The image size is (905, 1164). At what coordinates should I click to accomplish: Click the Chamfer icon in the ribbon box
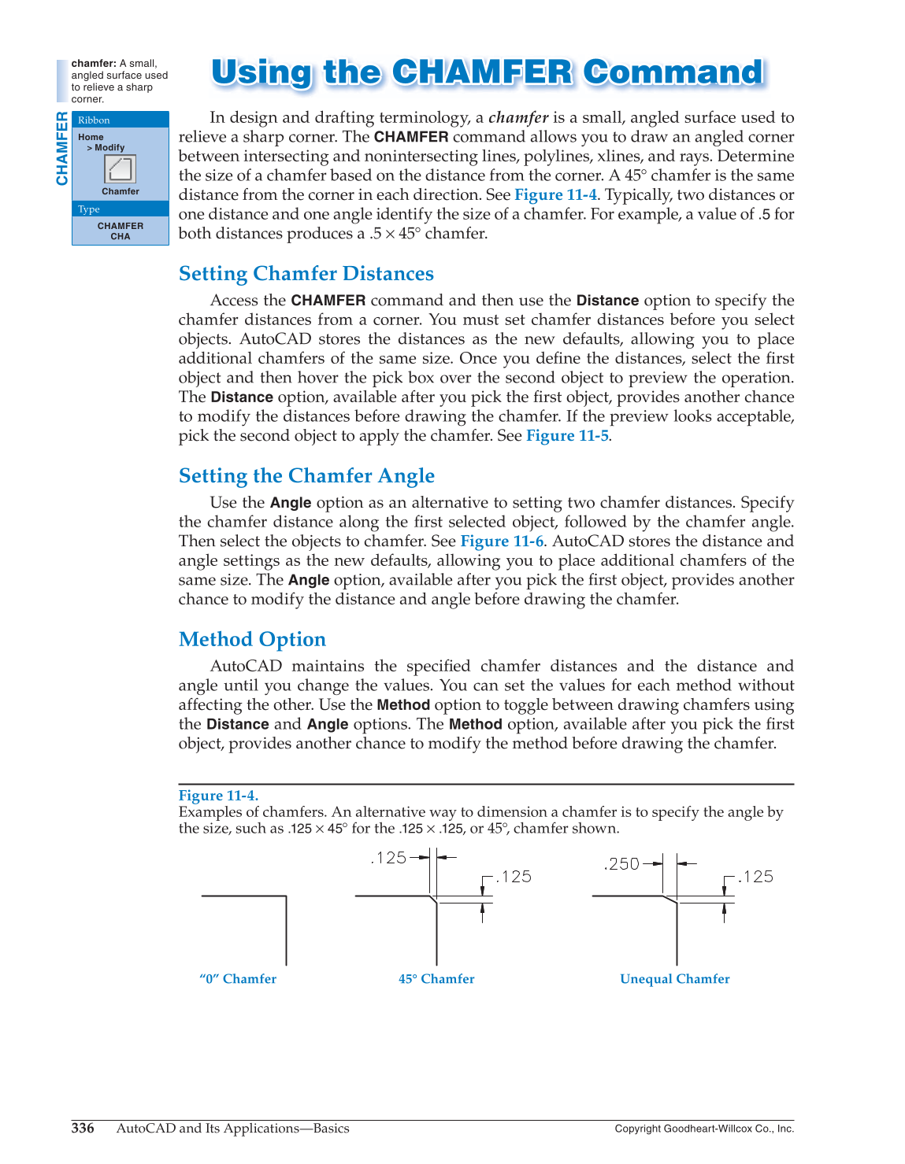tap(121, 168)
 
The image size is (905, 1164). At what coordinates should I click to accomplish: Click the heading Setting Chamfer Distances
tap(306, 274)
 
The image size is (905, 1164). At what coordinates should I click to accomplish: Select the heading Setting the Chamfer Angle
tap(306, 476)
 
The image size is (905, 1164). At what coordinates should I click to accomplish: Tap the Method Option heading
tap(252, 640)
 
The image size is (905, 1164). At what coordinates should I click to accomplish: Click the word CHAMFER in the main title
tap(482, 72)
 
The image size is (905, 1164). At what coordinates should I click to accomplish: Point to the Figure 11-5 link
tap(567, 436)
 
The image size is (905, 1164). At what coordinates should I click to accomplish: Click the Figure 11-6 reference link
tap(502, 541)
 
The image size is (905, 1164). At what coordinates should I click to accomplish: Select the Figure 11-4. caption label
tap(218, 796)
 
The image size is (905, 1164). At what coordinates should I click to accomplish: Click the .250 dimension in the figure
tap(622, 864)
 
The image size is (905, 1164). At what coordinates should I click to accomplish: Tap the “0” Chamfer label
tap(238, 979)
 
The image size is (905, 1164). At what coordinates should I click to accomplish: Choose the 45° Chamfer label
tap(436, 979)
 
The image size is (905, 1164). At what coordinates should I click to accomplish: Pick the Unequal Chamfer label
tap(675, 979)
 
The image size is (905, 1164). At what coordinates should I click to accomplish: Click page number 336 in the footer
tap(83, 1129)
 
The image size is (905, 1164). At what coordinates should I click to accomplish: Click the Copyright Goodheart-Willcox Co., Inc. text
tap(704, 1129)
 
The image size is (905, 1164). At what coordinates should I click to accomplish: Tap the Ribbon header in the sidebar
tap(94, 120)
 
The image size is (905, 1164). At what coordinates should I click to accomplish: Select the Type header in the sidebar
tap(89, 209)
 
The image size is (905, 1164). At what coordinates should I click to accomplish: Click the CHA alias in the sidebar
tap(121, 237)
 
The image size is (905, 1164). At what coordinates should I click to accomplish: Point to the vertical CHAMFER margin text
tap(62, 149)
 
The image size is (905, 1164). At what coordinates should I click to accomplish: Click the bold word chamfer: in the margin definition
tap(94, 64)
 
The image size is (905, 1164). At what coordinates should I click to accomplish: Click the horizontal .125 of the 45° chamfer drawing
tap(389, 858)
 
